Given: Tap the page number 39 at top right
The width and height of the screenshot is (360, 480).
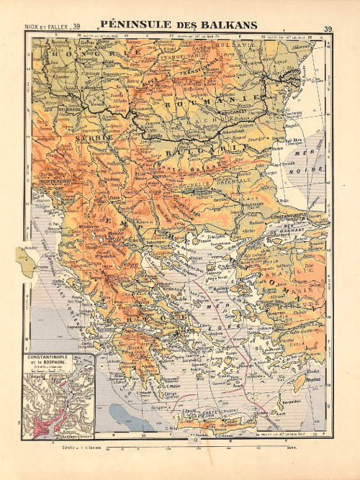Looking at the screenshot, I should [328, 30].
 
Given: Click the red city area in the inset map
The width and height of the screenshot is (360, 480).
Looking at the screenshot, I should [48, 412].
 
